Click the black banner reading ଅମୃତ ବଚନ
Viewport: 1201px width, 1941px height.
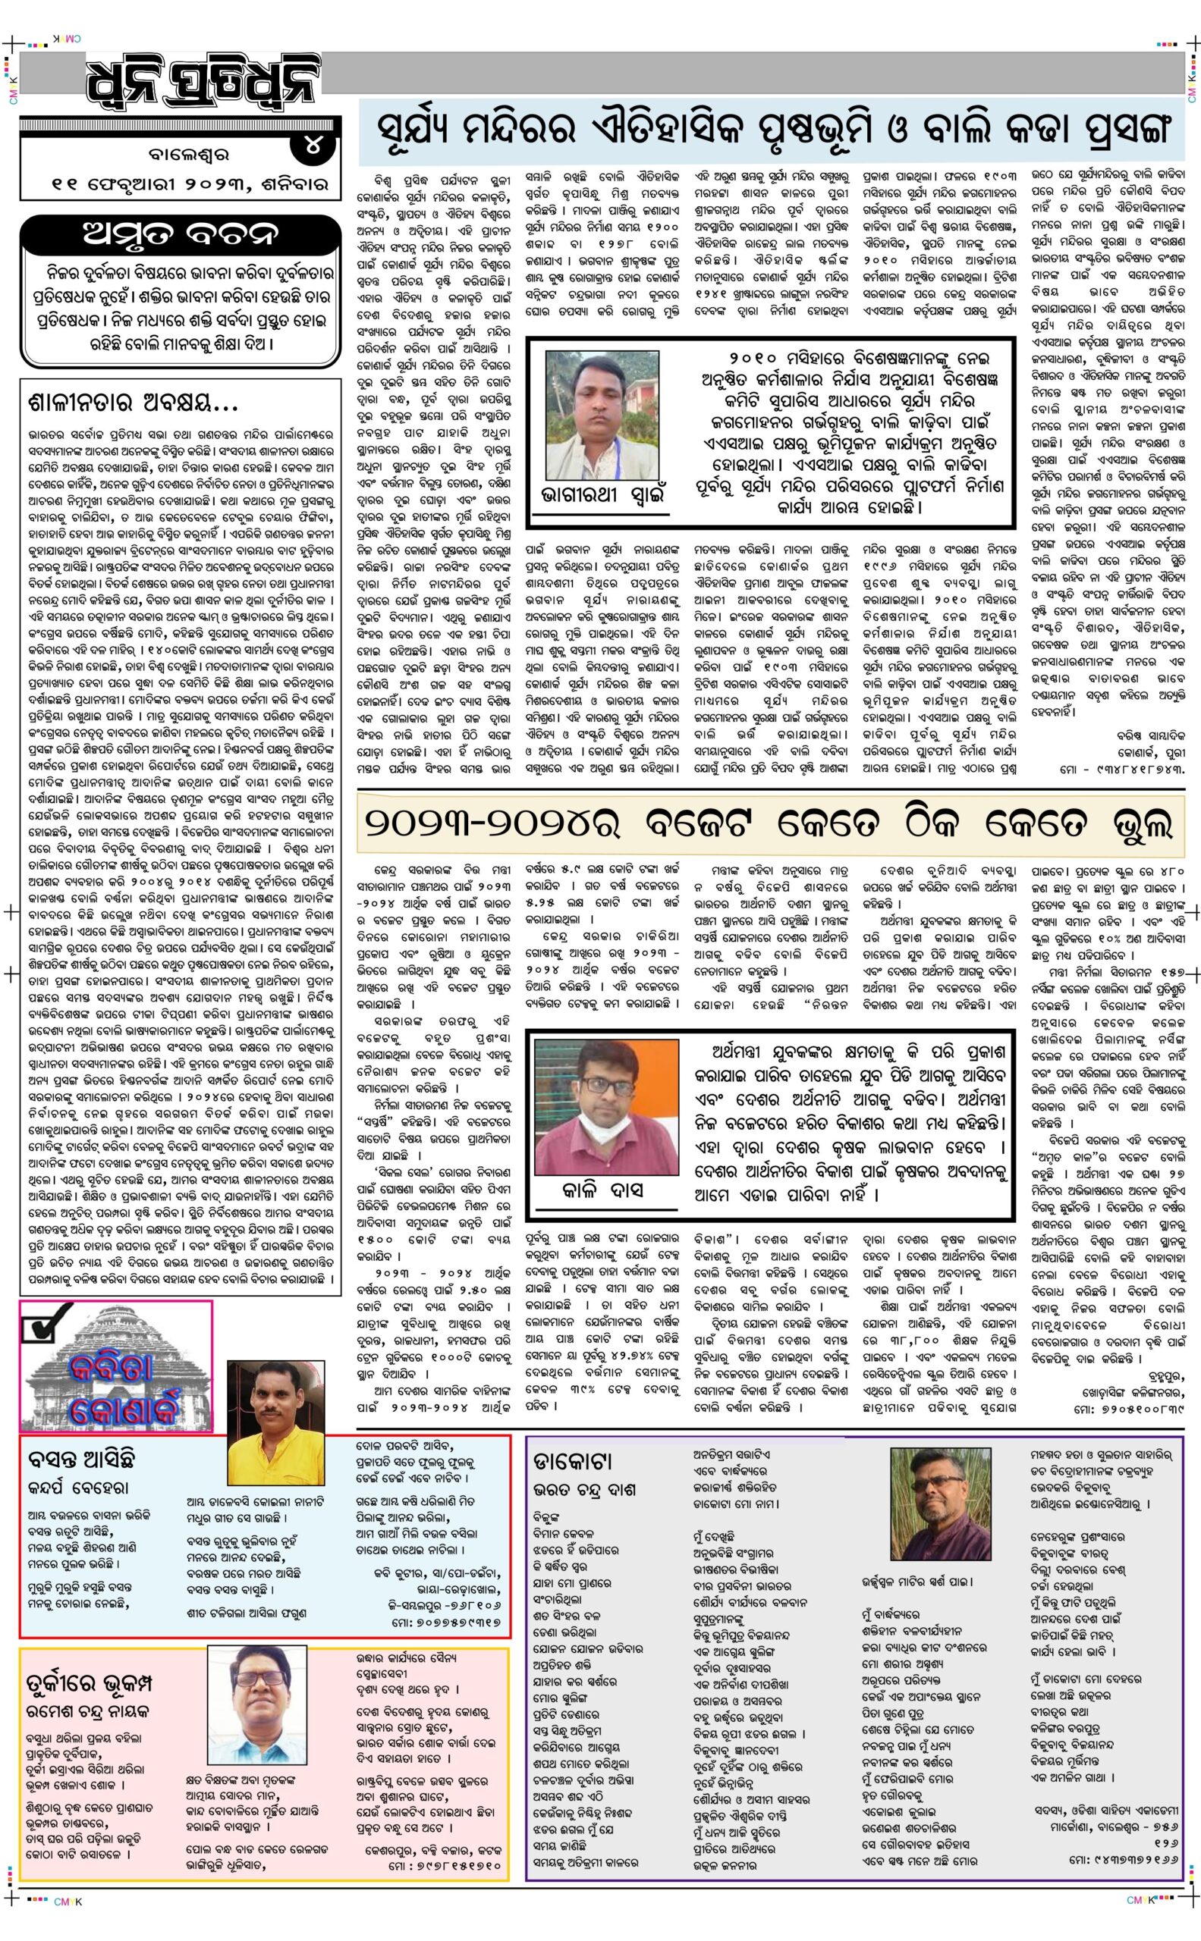point(182,235)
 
